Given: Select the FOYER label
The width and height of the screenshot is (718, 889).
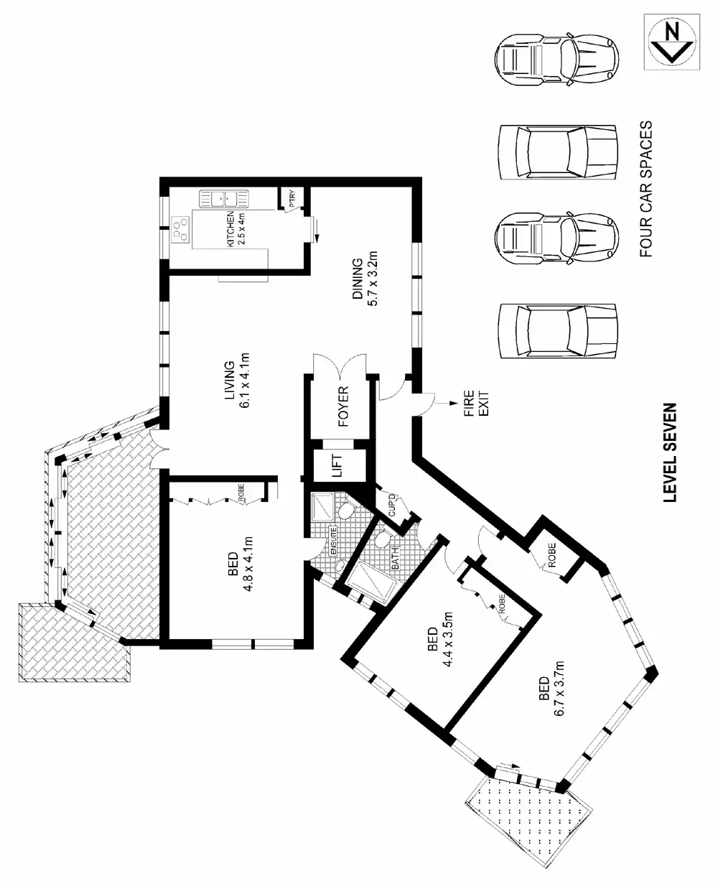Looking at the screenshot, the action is [342, 406].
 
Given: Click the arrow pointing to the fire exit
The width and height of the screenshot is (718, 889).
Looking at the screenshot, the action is [449, 404].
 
